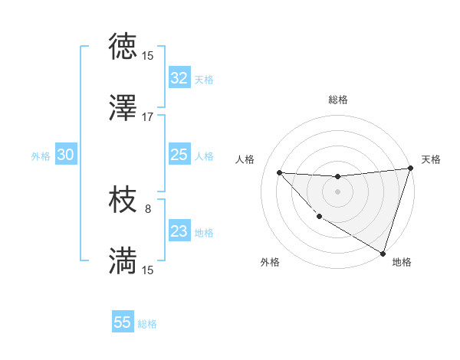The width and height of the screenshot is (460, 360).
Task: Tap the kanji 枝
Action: [123, 200]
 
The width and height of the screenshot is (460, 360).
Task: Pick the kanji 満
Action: [123, 260]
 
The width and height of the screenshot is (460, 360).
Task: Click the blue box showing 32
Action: [179, 78]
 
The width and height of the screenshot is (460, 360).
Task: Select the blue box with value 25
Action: [179, 155]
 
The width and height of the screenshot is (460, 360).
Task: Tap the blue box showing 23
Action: [179, 231]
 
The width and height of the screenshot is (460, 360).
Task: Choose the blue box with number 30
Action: [65, 155]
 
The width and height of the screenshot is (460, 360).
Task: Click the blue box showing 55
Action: [123, 322]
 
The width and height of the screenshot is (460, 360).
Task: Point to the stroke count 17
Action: [148, 117]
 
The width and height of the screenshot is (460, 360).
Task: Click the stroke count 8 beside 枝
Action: [148, 208]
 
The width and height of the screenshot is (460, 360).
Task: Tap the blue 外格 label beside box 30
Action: [41, 155]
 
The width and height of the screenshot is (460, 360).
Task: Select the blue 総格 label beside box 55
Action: [147, 324]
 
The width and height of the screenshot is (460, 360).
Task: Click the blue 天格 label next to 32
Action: [204, 79]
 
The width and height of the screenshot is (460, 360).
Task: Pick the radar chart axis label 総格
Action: [337, 100]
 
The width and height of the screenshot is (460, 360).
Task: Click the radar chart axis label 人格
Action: [245, 159]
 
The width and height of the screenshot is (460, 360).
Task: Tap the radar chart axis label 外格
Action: [270, 262]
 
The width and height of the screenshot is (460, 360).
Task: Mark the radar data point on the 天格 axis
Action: [410, 169]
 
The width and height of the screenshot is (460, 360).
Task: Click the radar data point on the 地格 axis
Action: [383, 253]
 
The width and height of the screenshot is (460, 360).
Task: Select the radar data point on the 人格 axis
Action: [280, 172]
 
